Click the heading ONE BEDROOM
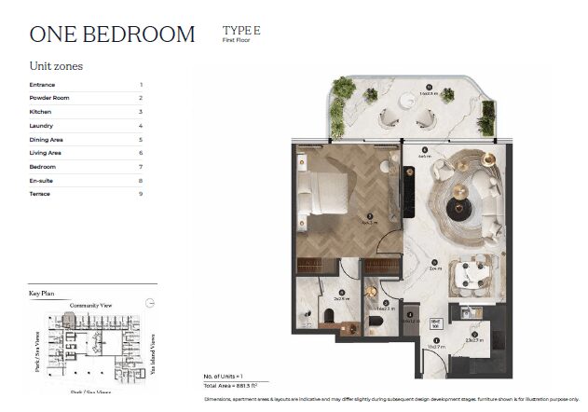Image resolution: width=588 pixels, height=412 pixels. tap(112, 34)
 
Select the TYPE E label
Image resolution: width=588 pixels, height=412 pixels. tap(241, 31)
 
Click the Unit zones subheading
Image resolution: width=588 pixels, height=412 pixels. tap(57, 66)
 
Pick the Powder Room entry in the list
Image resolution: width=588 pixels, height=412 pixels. tap(48, 98)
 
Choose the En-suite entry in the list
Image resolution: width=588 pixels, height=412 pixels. tap(41, 180)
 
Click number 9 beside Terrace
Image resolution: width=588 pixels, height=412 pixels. tap(141, 194)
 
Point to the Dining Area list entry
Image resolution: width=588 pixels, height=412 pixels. tap(47, 139)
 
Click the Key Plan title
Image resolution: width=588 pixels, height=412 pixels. tap(42, 294)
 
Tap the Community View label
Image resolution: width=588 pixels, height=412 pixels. tap(90, 305)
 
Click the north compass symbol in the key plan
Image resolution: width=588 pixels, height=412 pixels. tap(151, 300)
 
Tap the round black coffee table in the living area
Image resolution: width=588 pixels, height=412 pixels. tap(458, 209)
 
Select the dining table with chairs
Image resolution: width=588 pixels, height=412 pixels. tap(465, 274)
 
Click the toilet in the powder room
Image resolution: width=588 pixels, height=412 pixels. tap(375, 323)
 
